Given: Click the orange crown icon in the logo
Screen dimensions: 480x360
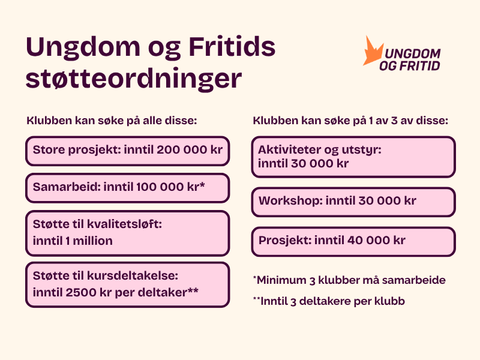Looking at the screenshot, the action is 372,52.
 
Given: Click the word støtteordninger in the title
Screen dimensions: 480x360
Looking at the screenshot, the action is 134,79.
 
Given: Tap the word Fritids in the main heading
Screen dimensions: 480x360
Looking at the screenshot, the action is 232,47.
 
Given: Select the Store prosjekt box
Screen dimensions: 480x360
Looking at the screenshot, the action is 128,151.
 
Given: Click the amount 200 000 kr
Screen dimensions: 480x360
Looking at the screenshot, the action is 190,149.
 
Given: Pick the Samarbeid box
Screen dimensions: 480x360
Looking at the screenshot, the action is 128,188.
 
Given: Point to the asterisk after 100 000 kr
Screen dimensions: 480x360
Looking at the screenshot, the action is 202,185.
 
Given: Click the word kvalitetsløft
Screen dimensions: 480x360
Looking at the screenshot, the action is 125,224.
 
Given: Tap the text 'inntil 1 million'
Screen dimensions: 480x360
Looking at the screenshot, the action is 73,241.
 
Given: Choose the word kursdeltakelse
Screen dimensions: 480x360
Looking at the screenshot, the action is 133,275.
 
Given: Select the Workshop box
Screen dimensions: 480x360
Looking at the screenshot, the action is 353,202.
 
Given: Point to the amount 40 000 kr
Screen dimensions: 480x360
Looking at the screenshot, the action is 376,241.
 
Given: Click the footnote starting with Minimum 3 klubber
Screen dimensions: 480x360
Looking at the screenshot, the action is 349,280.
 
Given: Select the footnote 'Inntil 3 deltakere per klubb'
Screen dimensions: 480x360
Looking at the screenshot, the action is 329,301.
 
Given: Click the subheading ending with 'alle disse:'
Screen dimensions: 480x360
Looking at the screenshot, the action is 112,121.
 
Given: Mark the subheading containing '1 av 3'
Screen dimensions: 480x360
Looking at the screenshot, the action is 350,121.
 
